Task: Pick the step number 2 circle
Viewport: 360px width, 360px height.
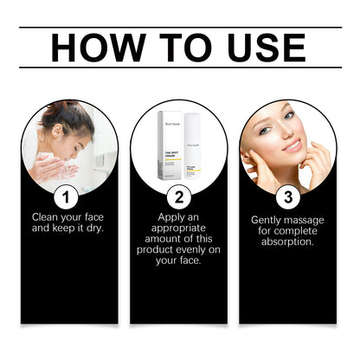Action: tap(180, 195)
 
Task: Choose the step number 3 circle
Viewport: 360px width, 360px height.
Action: tap(287, 195)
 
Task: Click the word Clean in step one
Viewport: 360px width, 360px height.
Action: tap(47, 215)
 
